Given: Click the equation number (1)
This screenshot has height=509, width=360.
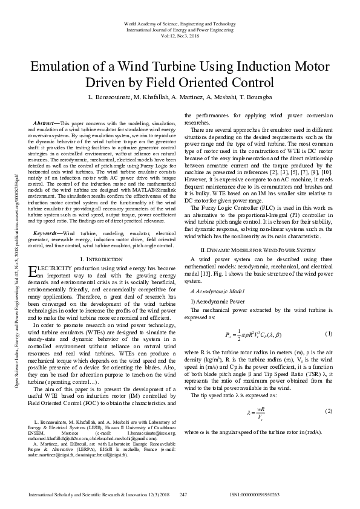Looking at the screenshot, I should point(328,351).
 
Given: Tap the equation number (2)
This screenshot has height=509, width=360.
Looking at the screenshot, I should point(328,411).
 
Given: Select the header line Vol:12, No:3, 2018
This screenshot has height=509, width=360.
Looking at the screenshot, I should point(180,35).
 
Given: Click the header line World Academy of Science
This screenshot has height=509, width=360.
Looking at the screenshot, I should point(180,23).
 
